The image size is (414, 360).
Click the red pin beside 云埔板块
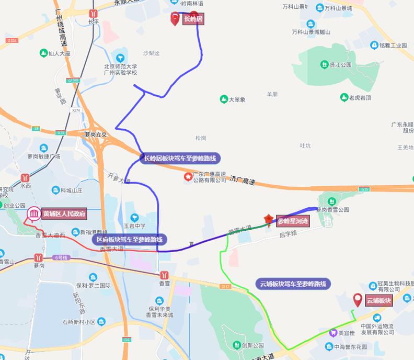(x=358, y=300)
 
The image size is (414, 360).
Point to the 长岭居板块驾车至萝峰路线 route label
(x=180, y=158)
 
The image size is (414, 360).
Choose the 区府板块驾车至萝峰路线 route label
(x=130, y=240)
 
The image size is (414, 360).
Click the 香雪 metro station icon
(x=164, y=274)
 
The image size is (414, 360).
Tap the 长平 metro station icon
(x=93, y=14)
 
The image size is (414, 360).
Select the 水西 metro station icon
(x=25, y=177)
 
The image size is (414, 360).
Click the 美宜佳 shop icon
(x=332, y=332)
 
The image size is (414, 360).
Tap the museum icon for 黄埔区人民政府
(x=34, y=214)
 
